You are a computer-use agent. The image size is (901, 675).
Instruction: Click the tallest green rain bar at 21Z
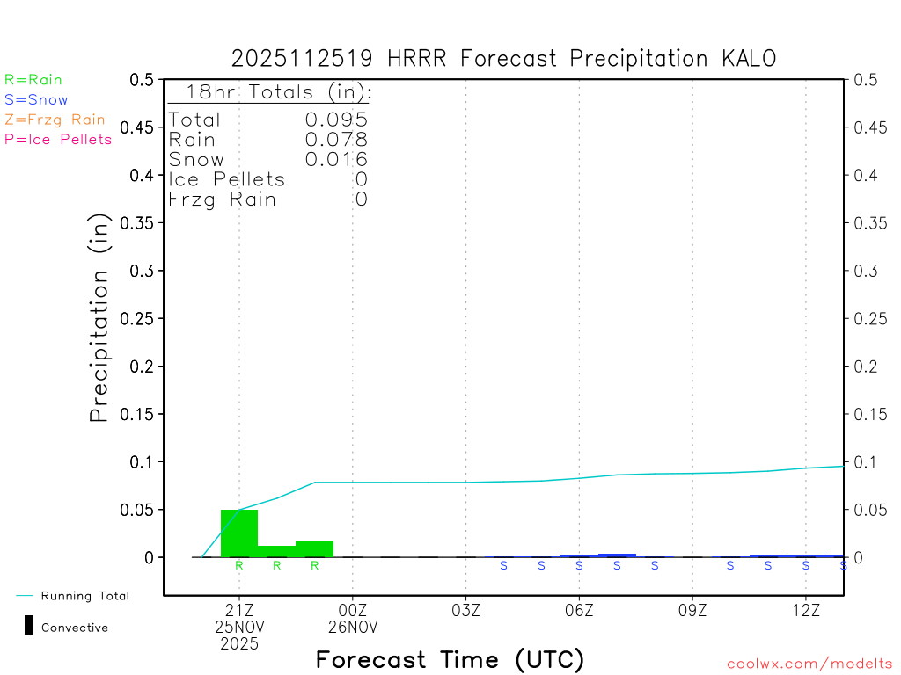[239, 533]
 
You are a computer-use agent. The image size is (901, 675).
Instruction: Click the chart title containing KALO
[503, 59]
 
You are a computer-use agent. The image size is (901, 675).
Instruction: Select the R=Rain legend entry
[33, 80]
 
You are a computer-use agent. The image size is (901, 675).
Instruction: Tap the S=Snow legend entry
[36, 100]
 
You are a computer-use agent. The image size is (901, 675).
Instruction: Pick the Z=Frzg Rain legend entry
[55, 120]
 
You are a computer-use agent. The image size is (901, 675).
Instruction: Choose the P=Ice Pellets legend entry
[58, 139]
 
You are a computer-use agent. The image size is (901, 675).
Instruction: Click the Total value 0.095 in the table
[336, 120]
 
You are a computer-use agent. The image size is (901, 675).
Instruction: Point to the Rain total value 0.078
[336, 140]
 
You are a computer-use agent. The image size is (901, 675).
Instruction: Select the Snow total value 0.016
[336, 159]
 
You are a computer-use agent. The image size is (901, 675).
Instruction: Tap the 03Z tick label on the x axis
[465, 610]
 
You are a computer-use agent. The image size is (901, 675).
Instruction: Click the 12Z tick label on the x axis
[806, 610]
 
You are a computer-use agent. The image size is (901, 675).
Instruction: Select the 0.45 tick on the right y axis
[870, 127]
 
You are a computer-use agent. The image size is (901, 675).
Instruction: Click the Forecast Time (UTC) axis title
[450, 659]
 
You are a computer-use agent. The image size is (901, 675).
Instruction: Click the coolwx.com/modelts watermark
[809, 664]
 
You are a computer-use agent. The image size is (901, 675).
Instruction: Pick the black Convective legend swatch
[28, 626]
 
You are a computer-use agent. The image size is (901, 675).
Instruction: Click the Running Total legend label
[84, 596]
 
